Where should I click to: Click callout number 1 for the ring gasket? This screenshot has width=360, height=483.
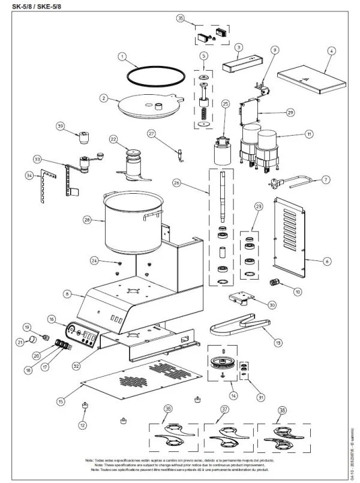pyautogui.click(x=122, y=58)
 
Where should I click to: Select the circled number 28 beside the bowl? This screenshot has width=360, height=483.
pyautogui.click(x=87, y=220)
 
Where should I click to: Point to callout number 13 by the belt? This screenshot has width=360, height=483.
pyautogui.click(x=278, y=342)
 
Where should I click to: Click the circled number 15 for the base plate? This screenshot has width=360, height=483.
pyautogui.click(x=61, y=401)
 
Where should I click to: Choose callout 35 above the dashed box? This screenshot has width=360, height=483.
pyautogui.click(x=181, y=19)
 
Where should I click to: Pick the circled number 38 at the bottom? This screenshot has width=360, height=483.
pyautogui.click(x=282, y=410)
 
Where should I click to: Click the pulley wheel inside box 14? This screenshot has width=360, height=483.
pyautogui.click(x=224, y=364)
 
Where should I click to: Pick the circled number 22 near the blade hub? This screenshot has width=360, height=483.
pyautogui.click(x=112, y=139)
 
